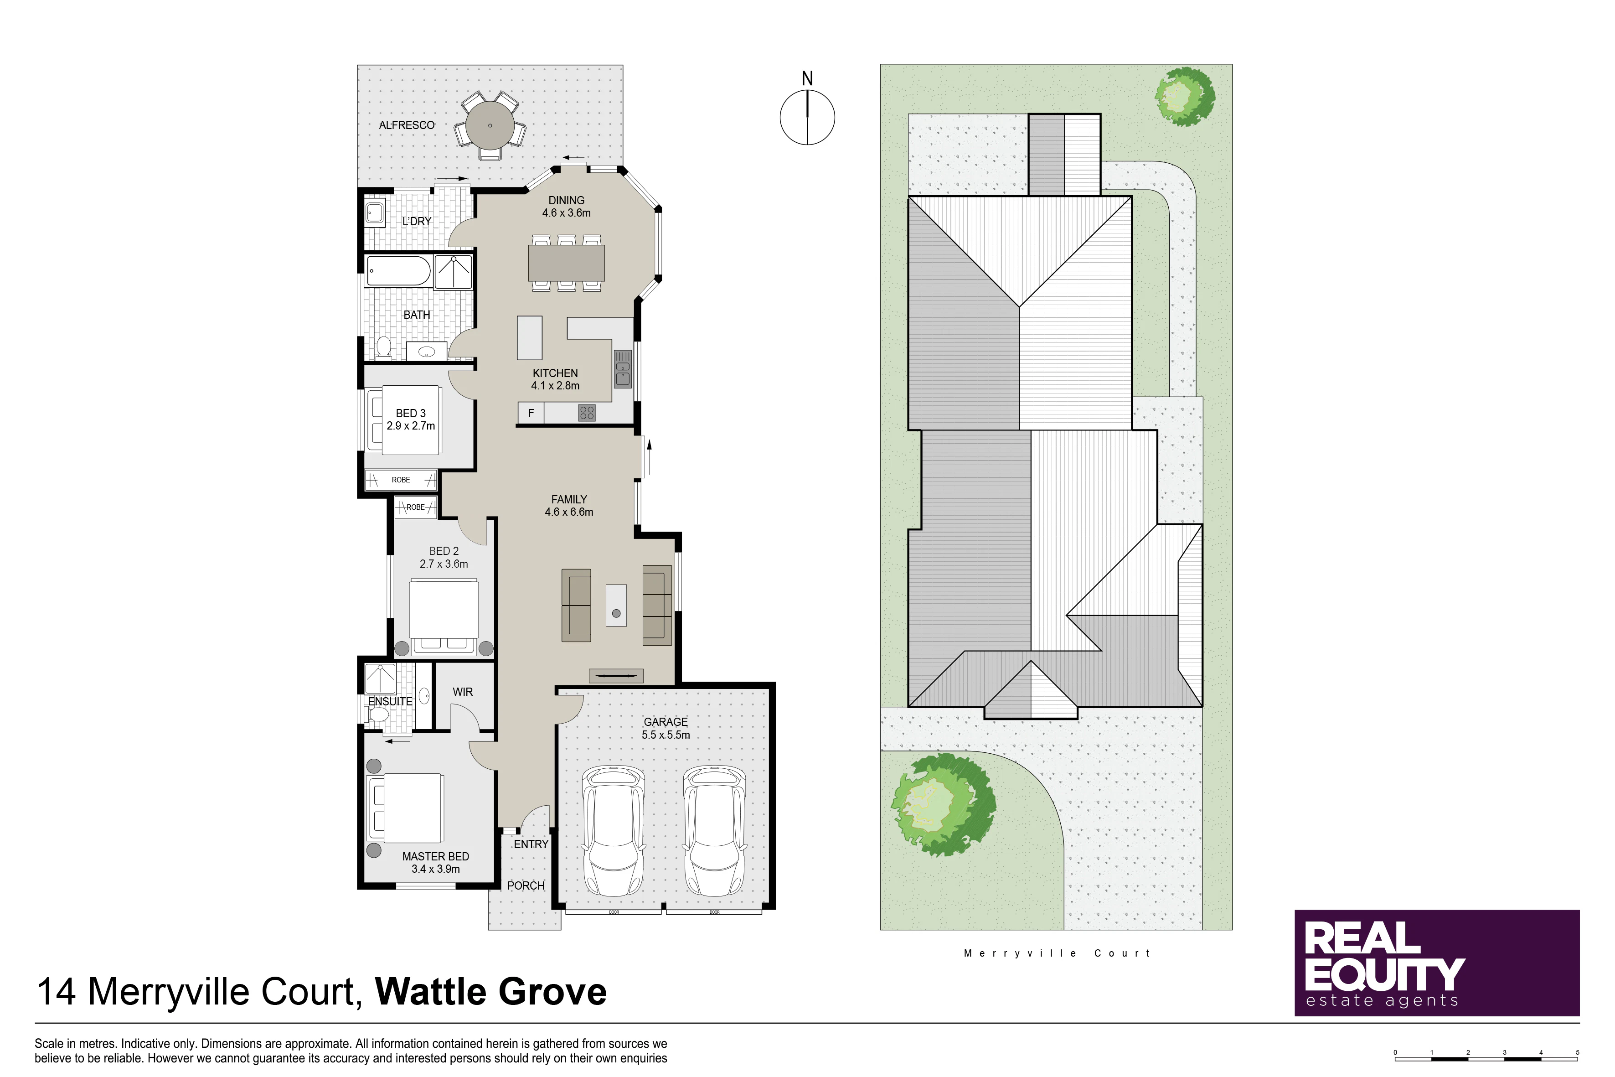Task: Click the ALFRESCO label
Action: pos(407,125)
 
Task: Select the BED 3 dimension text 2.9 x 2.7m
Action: pos(411,426)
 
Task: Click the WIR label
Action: pos(463,692)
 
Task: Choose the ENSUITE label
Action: pos(390,701)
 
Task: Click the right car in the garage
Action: pos(714,830)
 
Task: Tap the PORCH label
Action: pos(526,886)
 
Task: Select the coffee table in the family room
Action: pos(616,605)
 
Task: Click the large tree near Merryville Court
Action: pos(944,804)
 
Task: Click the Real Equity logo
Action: pos(1437,963)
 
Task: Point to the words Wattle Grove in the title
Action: pos(491,992)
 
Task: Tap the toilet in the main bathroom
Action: pos(383,348)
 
